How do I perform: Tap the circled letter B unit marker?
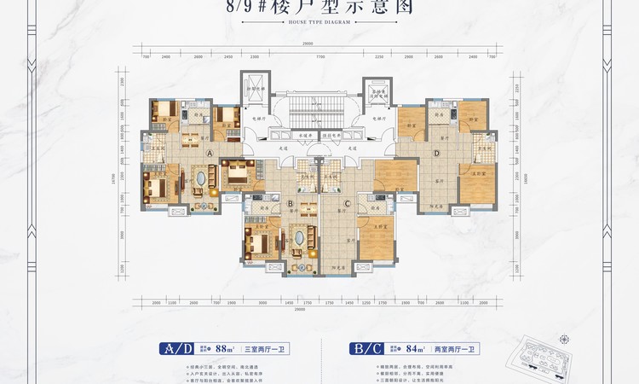[291, 204]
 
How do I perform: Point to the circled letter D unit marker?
[436, 154]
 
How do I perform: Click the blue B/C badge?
[366, 348]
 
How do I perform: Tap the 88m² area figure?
[225, 348]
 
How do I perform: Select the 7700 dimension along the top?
[319, 57]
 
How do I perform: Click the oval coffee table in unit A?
[201, 180]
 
